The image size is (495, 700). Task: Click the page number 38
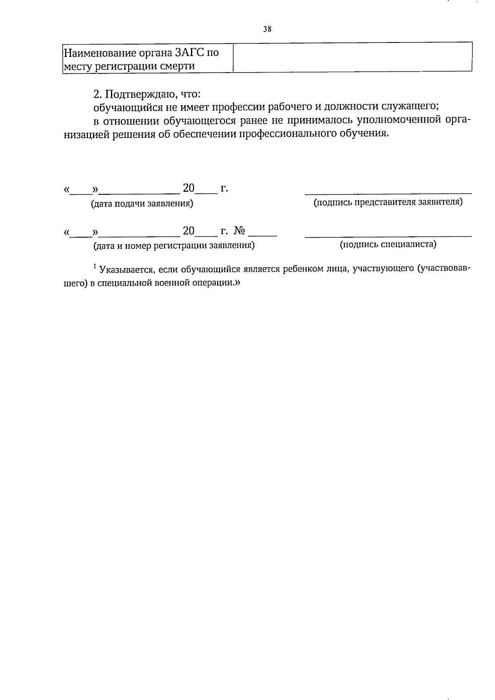coord(267,29)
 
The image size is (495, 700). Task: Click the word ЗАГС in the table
coord(190,53)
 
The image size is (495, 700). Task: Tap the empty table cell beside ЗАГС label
coord(352,57)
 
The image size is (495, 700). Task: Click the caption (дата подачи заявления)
coord(142,203)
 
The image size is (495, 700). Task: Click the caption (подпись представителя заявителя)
coord(388,203)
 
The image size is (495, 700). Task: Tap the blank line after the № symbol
coord(263,235)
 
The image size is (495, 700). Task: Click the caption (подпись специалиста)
coord(388,245)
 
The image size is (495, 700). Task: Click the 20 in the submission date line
coord(189,189)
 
